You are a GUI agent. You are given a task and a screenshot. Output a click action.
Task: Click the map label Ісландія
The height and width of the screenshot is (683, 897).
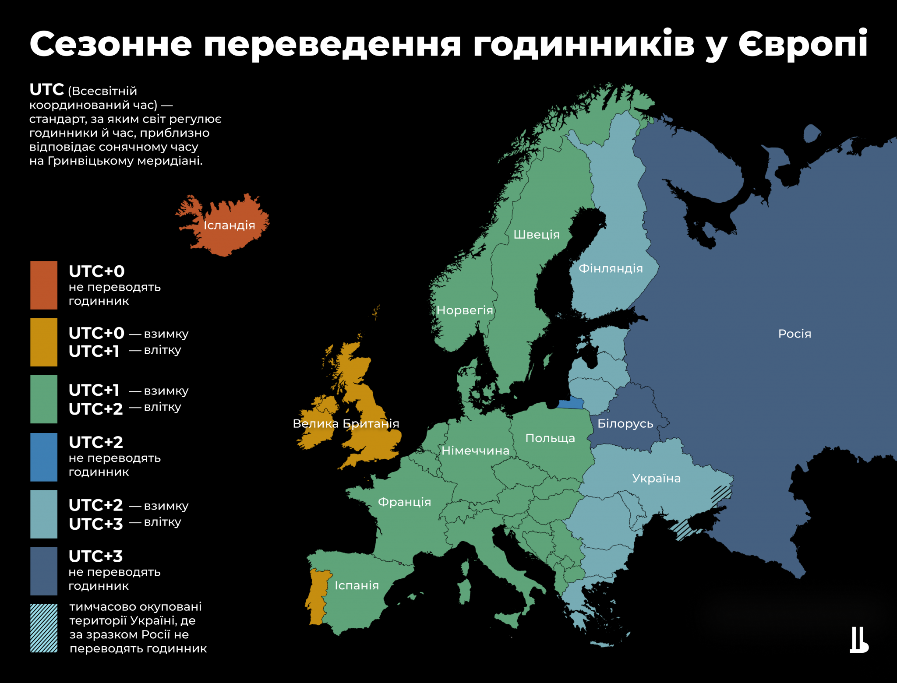(229, 225)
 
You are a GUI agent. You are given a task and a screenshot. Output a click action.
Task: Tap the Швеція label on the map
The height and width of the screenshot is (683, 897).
(537, 235)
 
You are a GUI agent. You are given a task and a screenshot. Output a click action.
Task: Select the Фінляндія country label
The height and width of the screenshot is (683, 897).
(611, 268)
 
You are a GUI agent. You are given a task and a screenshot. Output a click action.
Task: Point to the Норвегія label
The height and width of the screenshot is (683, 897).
(465, 310)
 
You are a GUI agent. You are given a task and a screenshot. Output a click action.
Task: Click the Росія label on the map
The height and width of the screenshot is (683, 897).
(795, 334)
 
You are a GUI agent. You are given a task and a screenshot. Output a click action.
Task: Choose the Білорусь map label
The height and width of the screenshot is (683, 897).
(625, 424)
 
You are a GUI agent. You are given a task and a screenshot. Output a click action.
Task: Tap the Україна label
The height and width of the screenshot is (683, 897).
(656, 479)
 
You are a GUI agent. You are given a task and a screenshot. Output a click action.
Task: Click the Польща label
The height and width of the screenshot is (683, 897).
(550, 438)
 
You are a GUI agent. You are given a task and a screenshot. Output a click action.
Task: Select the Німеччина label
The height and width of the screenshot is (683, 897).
(475, 451)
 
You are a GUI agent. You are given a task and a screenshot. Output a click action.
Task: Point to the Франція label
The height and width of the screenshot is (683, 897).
(404, 502)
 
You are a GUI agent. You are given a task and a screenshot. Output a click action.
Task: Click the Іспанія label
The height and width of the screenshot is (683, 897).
(357, 585)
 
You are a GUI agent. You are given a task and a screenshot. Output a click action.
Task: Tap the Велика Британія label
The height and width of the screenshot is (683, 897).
(346, 424)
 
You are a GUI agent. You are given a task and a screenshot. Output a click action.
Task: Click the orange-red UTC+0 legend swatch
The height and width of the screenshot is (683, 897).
(44, 285)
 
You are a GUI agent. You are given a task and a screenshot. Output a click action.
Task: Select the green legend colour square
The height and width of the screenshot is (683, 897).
(44, 399)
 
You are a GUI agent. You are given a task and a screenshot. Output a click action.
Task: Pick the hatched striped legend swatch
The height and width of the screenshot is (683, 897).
(44, 628)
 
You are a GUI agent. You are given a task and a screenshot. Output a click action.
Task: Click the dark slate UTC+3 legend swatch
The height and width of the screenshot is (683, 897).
(44, 571)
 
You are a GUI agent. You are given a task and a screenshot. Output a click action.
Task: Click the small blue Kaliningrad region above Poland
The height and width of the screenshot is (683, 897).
(571, 403)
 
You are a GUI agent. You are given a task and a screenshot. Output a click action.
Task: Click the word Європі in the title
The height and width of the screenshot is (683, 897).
(803, 44)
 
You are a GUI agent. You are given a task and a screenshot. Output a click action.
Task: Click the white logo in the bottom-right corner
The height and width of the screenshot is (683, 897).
(858, 640)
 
